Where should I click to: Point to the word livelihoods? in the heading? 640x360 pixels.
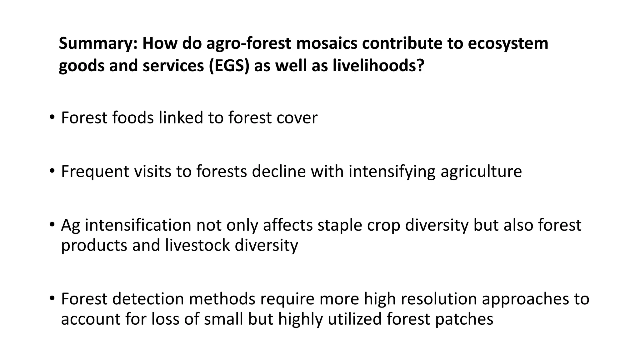pyautogui.click(x=378, y=66)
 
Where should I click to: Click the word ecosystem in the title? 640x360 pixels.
pyautogui.click(x=508, y=43)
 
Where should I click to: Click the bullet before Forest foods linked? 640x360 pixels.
pyautogui.click(x=52, y=118)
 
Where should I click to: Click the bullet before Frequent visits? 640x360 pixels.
pyautogui.click(x=52, y=172)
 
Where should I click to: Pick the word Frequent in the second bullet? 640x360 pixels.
pyautogui.click(x=95, y=172)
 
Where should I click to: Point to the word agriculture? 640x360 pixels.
pyautogui.click(x=481, y=172)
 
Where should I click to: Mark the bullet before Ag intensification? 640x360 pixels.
pyautogui.click(x=52, y=225)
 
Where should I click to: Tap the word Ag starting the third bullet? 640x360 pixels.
pyautogui.click(x=70, y=225)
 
